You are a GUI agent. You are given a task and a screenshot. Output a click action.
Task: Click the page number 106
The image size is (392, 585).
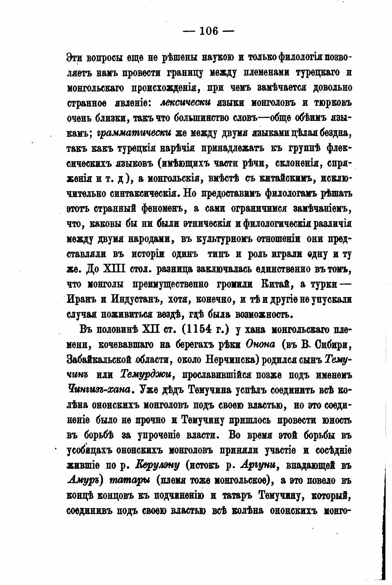(208, 31)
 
